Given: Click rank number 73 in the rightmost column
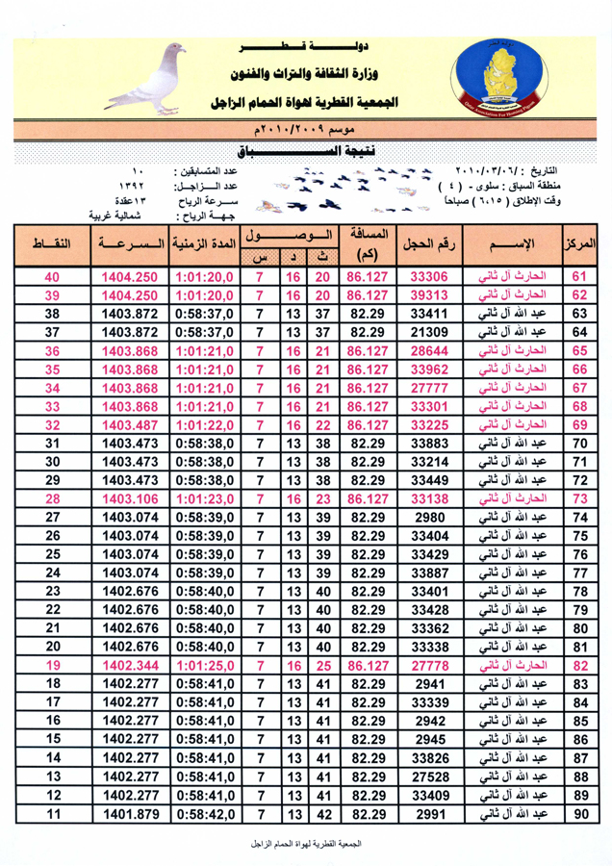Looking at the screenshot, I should [x=579, y=497].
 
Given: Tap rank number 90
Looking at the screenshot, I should [x=579, y=816].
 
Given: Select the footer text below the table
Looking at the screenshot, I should [x=306, y=844].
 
